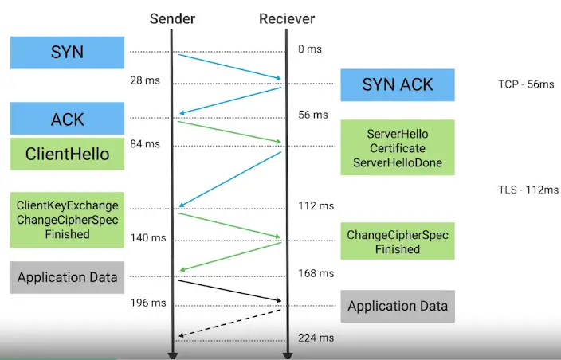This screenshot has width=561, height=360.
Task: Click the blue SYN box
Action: [x=67, y=53]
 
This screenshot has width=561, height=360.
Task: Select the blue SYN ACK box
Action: [x=397, y=85]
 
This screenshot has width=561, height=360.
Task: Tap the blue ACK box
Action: [x=67, y=119]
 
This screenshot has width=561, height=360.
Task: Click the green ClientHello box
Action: [x=67, y=154]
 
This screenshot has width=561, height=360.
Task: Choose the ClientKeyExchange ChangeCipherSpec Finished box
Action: [x=67, y=219]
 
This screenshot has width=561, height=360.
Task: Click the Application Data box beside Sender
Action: [x=67, y=277]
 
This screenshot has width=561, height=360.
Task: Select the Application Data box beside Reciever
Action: [x=397, y=306]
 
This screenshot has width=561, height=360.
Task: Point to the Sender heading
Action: [x=173, y=18]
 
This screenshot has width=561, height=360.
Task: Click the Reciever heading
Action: [x=287, y=18]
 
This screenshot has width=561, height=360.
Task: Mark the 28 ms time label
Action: [x=144, y=80]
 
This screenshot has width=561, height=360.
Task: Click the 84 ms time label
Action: [x=144, y=143]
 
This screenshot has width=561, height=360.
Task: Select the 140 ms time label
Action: [x=147, y=237]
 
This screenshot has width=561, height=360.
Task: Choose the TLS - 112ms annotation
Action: [x=527, y=190]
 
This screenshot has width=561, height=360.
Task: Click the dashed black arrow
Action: [x=231, y=323]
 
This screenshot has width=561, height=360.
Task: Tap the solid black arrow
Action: [x=231, y=291]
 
